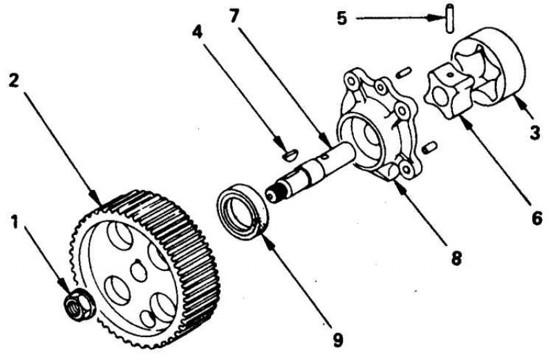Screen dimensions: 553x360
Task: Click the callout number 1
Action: coord(14,222)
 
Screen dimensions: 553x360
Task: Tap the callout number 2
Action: coord(15,81)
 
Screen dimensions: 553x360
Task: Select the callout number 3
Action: coord(534,133)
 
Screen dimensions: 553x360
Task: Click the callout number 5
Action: coord(341,18)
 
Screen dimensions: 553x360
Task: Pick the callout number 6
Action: coord(536,218)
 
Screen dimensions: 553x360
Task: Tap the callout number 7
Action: coord(234,16)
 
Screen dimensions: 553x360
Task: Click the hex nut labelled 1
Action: coord(79,304)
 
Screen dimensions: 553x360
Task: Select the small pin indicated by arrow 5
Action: coord(450,19)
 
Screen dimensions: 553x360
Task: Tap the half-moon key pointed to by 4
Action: coord(290,155)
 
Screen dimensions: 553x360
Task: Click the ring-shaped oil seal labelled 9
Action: coord(243,211)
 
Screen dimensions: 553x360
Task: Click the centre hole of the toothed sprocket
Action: coord(139,270)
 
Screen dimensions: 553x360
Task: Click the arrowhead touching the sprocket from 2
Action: coord(97,199)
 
